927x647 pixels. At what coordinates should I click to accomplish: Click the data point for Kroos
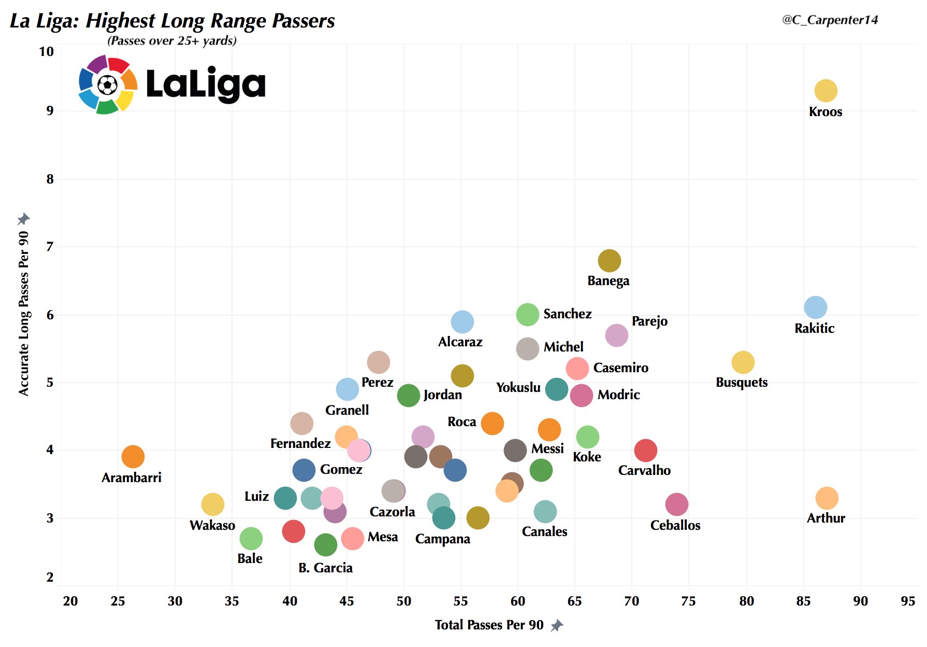tap(825, 91)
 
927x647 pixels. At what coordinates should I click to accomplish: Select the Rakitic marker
tap(815, 307)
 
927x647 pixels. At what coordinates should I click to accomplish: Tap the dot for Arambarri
tap(133, 457)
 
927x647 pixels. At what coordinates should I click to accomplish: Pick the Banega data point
tap(609, 260)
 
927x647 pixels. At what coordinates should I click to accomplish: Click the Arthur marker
tap(827, 498)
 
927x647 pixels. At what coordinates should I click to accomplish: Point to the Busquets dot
tap(743, 362)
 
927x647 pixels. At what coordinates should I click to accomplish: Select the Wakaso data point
tap(212, 504)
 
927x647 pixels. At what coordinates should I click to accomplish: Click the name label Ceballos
tap(675, 526)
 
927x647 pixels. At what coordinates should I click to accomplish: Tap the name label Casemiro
tap(620, 368)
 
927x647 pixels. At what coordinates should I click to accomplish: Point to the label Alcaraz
tap(460, 342)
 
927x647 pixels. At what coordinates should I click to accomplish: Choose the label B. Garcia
tap(325, 568)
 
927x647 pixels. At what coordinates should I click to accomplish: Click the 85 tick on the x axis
tap(803, 601)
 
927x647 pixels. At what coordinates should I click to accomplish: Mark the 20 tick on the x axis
tap(70, 601)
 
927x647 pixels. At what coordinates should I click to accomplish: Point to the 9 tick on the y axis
tap(50, 111)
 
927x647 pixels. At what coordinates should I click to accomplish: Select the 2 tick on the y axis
tap(50, 577)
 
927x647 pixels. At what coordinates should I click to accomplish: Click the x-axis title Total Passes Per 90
tap(489, 625)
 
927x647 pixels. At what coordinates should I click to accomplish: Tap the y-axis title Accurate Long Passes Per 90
tap(24, 314)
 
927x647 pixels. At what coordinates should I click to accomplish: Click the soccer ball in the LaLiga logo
tap(107, 85)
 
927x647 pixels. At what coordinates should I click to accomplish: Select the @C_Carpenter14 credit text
tap(830, 20)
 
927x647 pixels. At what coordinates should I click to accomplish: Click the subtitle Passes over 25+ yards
tap(171, 41)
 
